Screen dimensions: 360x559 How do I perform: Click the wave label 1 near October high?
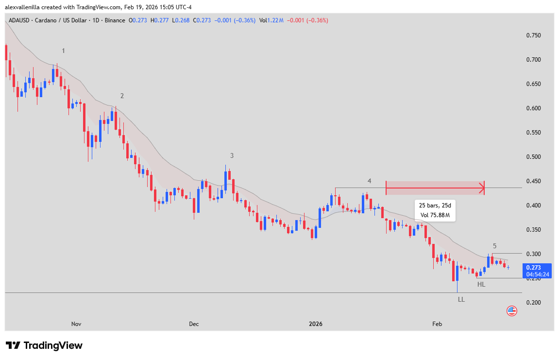[x=64, y=51]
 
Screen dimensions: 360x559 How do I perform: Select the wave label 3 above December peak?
[x=232, y=155]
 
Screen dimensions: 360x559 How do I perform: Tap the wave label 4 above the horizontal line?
[x=369, y=181]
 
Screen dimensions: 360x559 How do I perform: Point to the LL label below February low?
[x=461, y=299]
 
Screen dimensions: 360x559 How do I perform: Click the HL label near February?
[x=481, y=284]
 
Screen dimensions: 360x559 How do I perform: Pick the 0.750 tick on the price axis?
[x=533, y=35]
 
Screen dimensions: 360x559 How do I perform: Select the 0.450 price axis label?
[x=533, y=181]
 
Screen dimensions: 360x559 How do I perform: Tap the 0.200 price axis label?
[x=533, y=303]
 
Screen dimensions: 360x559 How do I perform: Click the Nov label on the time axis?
[x=76, y=324]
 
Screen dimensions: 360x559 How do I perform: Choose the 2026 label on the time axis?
[x=316, y=324]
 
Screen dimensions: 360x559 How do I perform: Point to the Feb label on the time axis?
[x=437, y=324]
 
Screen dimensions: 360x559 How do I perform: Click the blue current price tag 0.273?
[x=536, y=270]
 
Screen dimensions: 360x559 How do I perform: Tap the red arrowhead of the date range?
[x=482, y=188]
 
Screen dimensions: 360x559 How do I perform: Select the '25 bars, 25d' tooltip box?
[x=435, y=210]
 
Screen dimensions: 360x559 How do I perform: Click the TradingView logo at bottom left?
[x=44, y=345]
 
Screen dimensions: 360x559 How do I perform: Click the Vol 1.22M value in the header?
[x=271, y=20]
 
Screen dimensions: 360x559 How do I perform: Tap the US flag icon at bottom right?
[x=511, y=311]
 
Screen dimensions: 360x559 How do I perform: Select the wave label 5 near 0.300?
[x=494, y=246]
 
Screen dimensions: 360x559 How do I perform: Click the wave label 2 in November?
[x=122, y=96]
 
